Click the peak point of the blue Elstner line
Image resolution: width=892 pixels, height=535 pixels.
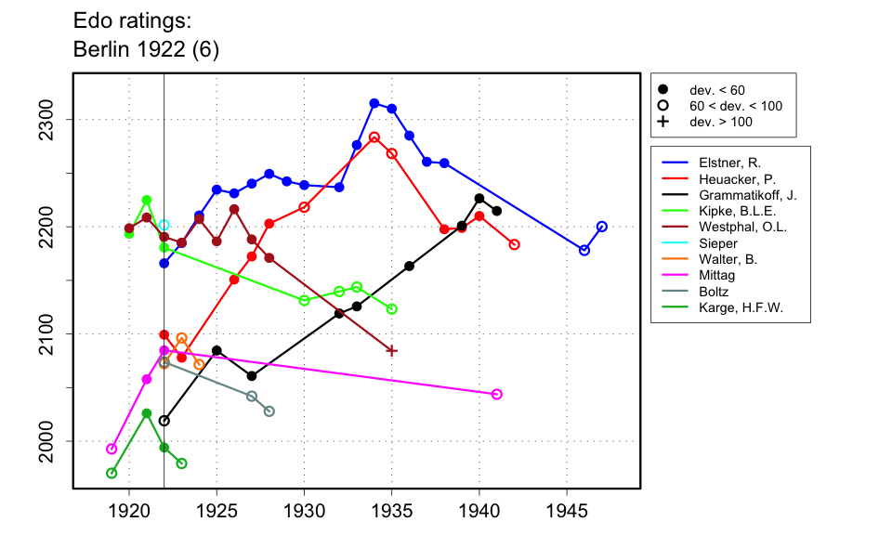[374, 103]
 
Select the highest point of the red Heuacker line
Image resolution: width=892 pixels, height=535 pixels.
[374, 137]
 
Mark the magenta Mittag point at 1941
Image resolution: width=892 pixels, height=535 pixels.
[497, 394]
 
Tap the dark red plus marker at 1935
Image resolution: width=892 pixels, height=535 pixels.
[392, 350]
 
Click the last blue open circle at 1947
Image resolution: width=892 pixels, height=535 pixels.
[602, 227]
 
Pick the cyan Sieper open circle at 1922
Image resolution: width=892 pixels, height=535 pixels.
[164, 225]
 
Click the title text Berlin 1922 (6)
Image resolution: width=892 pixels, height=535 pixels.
[146, 49]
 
